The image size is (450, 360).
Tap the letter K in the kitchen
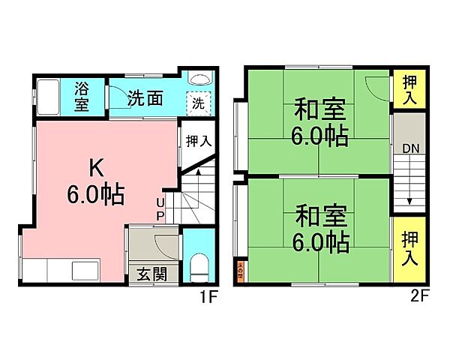[94, 166]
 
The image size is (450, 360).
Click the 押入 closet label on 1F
[199, 140]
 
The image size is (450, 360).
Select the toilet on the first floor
[199, 266]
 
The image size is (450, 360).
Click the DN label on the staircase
[409, 148]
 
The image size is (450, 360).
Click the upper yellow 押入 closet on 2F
[409, 88]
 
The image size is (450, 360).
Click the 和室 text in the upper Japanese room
[320, 110]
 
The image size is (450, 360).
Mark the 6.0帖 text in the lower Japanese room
[320, 241]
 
